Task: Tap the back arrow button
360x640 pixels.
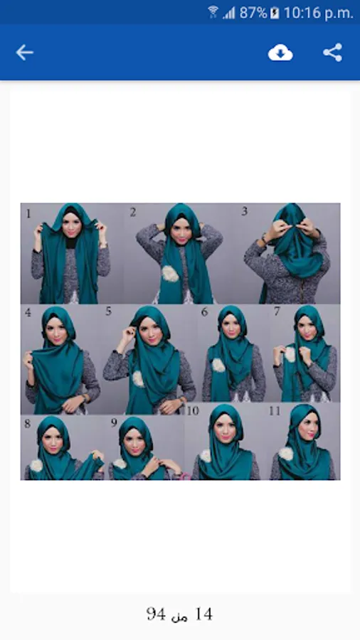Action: [24, 53]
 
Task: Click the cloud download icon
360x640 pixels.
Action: [280, 53]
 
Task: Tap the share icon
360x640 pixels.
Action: [333, 53]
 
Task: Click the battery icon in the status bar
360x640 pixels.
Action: [275, 13]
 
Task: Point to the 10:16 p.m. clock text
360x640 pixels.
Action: [318, 14]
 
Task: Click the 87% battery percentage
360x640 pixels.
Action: [253, 13]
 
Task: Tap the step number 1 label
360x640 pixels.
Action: [28, 213]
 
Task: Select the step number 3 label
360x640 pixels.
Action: [245, 211]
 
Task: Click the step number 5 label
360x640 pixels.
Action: [108, 311]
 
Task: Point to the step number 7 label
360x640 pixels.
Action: [277, 311]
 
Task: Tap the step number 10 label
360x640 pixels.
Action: [193, 410]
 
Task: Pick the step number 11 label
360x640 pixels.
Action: [275, 410]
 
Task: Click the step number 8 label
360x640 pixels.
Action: [28, 423]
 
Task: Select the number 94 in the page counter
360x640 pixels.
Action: [156, 614]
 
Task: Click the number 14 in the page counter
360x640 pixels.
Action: [204, 614]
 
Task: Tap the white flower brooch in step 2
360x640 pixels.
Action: [170, 274]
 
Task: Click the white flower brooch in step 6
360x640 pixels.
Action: [218, 365]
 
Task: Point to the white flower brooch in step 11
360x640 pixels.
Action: [286, 454]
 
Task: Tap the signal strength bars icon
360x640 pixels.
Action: [229, 14]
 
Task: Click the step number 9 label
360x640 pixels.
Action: [115, 423]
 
